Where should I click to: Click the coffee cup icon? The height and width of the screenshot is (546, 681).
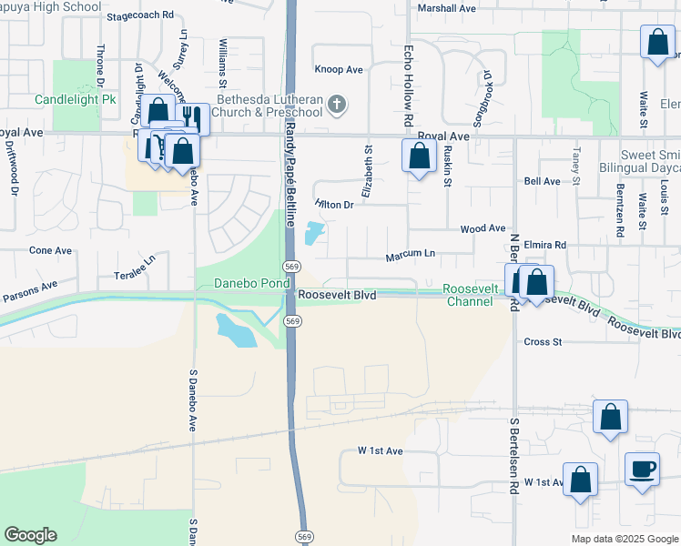642,469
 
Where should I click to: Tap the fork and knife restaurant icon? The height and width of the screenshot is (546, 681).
192,117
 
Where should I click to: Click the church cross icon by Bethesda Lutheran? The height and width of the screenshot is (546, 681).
337,104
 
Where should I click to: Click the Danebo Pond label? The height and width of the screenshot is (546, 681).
243,283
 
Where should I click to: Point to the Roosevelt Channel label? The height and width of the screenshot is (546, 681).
470,295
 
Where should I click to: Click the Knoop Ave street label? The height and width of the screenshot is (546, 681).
339,69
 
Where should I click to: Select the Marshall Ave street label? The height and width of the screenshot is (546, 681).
447,8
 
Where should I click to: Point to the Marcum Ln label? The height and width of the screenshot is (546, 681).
411,254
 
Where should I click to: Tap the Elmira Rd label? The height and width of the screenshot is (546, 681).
545,245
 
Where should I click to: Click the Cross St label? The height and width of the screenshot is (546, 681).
544,342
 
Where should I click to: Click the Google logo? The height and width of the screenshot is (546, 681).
30,535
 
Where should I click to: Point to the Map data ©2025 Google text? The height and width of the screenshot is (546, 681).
624,539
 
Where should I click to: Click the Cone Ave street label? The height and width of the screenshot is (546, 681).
50,249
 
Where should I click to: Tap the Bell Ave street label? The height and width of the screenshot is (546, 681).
543,181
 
